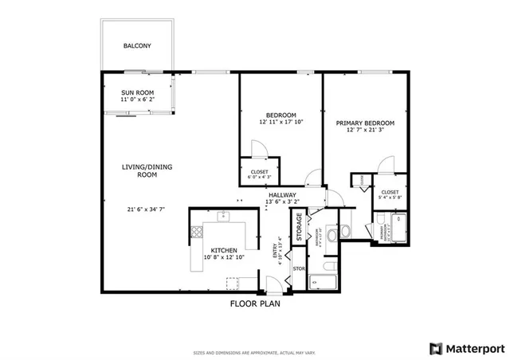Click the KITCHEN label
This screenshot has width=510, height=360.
pos(225,250)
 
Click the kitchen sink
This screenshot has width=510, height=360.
pos(225,214)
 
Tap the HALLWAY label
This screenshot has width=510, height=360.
pos(282,195)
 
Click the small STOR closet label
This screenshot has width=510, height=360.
pos(299,268)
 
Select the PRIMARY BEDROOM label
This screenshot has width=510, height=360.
pos(364,123)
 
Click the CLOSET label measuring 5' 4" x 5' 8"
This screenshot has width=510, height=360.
pos(390,192)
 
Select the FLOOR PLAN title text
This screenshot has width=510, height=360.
pos(255,303)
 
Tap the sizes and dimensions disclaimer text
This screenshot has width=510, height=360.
pos(255,351)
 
